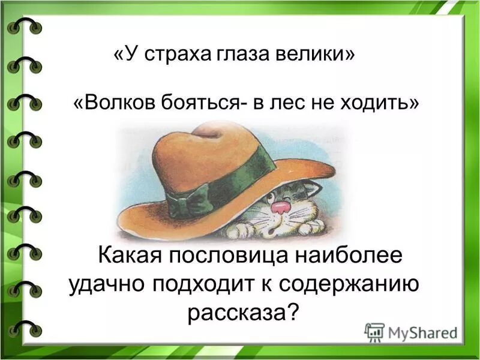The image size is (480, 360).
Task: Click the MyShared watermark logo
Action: pos(411,332)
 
